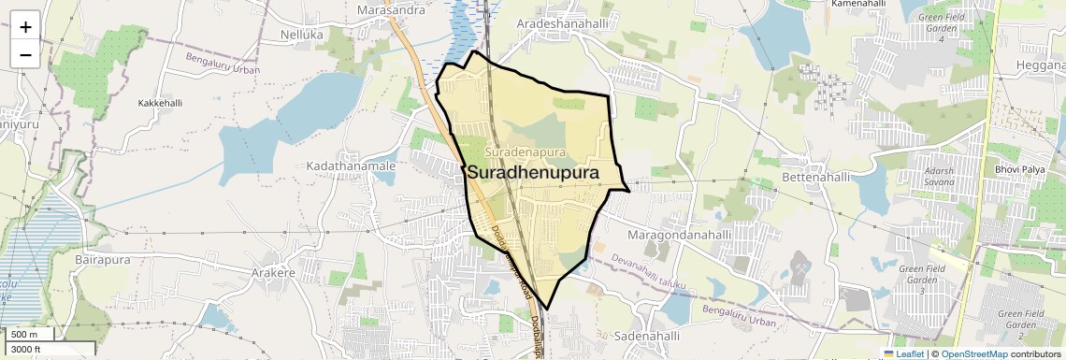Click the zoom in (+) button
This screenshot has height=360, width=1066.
pos(25,26)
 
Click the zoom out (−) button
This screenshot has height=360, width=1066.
pos(25,54)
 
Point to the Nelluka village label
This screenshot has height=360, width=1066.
pos(301,34)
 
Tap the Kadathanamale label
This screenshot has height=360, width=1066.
pos(351,166)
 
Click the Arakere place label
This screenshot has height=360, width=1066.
pos(273,273)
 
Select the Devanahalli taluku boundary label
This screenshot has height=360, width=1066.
pos(653,267)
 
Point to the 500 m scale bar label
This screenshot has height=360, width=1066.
pos(24,335)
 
